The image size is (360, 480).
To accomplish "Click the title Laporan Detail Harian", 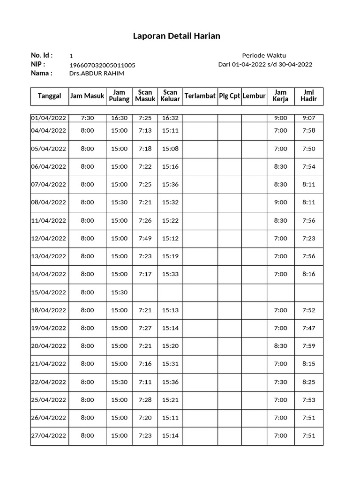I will coord(177,36).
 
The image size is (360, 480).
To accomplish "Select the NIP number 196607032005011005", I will coord(102,65).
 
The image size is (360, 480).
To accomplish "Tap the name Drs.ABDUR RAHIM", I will coord(97,74).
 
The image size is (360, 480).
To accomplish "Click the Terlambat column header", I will coord(200,96).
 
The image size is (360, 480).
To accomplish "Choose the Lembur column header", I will coord(254,96).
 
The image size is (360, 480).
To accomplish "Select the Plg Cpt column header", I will coord(230,96).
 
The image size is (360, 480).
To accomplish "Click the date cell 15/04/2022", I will coord(49,292).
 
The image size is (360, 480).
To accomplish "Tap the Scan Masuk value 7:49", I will coord(145,239).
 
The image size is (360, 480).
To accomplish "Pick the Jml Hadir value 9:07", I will coord(309,118).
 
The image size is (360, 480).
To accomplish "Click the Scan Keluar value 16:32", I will coord(170,118).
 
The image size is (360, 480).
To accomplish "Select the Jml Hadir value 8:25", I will coord(309,382).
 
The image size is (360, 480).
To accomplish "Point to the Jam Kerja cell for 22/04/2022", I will coord(280,382).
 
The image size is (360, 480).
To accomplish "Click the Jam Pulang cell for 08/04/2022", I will coord(119,202).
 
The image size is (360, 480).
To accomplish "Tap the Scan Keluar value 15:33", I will coord(170,274).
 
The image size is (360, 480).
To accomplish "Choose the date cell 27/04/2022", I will coord(49,435).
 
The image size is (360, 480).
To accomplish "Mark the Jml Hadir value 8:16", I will coord(309,274).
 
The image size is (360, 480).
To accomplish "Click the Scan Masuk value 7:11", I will coord(145,382).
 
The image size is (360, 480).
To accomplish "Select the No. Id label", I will coord(42,55).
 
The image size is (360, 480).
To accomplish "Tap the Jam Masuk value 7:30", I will coord(87,118).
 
